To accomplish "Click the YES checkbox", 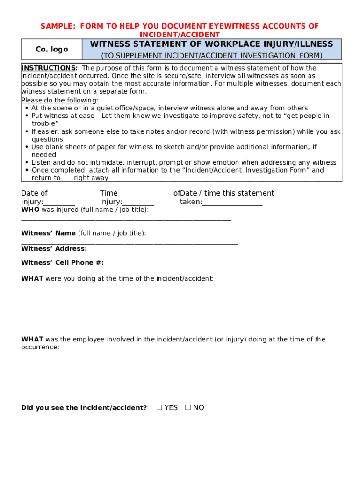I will [x=159, y=407].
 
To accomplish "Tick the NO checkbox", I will [x=188, y=407].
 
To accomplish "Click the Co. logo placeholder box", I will [x=52, y=49].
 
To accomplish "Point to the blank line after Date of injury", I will [x=59, y=203].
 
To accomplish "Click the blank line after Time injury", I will [x=138, y=203].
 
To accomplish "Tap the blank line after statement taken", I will [x=232, y=203].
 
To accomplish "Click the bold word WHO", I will [x=30, y=210].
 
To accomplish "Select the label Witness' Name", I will [x=48, y=233].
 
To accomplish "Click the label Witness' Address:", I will [x=54, y=248].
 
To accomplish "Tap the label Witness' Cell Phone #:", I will [x=62, y=262].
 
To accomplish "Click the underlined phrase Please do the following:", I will [x=60, y=101].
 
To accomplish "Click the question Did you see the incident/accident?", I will [x=84, y=407].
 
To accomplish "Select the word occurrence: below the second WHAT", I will [x=40, y=348].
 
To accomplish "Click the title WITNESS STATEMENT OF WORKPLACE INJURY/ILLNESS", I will [x=211, y=44].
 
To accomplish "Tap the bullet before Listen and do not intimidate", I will [x=27, y=162].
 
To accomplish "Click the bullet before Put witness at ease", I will [x=27, y=116].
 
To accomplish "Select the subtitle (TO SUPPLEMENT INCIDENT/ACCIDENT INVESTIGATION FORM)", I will [x=212, y=56].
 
